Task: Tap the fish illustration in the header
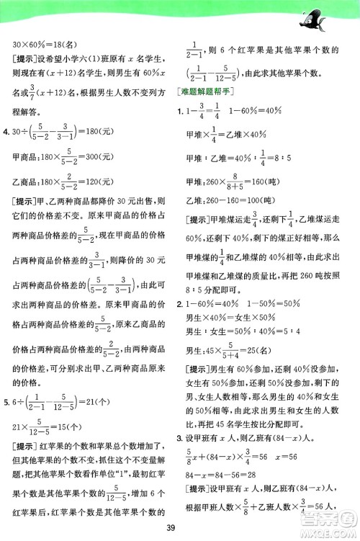(318, 17)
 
